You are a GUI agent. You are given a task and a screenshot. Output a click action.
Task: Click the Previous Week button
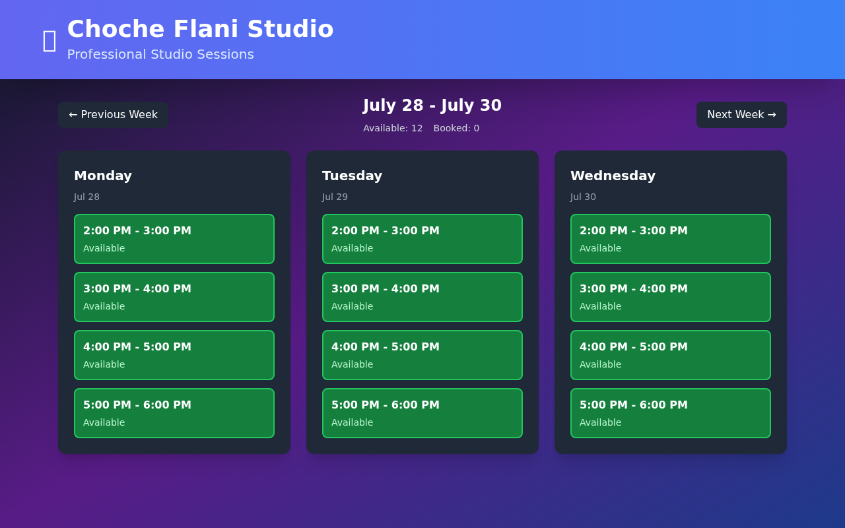(113, 115)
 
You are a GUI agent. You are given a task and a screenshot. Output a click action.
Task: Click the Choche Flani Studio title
(200, 29)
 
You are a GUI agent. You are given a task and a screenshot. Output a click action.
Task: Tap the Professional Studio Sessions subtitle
(160, 54)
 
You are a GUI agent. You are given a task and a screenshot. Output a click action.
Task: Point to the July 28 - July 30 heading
(432, 106)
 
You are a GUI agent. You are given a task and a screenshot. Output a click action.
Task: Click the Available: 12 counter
(393, 128)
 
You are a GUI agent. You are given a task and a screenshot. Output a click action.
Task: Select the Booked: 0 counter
(456, 128)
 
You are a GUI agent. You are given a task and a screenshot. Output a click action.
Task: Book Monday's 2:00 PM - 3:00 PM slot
(174, 239)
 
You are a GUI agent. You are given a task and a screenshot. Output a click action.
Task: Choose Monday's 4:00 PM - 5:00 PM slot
(174, 355)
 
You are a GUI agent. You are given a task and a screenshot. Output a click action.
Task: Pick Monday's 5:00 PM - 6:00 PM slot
(174, 413)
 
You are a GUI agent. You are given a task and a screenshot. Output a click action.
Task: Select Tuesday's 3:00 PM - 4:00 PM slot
(422, 297)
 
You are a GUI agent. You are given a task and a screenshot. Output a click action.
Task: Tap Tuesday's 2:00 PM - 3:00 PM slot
(422, 239)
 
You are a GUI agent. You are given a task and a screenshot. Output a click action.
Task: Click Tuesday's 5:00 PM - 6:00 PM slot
(422, 413)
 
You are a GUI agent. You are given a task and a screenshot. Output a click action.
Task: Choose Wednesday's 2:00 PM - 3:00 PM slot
(671, 239)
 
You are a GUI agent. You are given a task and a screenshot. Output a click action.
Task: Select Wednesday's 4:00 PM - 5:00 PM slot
(671, 355)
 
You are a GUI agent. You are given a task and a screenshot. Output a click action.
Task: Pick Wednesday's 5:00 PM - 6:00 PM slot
(671, 413)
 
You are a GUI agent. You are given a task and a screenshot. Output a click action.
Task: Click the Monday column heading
(103, 176)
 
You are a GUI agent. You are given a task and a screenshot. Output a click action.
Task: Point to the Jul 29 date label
(335, 197)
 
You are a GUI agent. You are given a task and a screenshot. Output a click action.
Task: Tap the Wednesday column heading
(613, 176)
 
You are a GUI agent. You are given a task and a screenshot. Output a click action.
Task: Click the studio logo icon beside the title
(50, 40)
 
